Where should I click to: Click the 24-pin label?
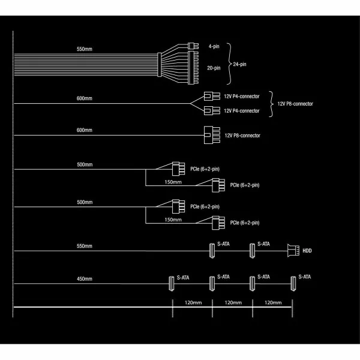pos(241,63)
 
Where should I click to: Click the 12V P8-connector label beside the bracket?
pos(295,104)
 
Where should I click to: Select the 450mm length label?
pos(85,279)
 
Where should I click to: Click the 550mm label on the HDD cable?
pos(85,246)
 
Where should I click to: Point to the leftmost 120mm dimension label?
pos(193,304)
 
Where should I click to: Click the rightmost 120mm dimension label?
pos(273,304)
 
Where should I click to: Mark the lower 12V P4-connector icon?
pos(209,110)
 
